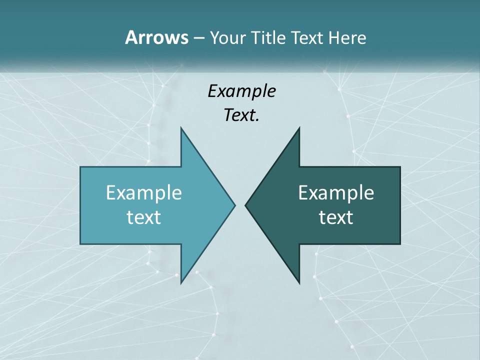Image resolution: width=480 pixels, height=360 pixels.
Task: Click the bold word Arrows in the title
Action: tap(156, 37)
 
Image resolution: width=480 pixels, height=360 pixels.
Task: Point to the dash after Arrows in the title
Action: tap(198, 38)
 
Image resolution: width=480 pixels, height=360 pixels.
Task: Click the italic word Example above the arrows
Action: tap(241, 91)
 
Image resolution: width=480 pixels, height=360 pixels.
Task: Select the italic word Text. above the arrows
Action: tap(241, 115)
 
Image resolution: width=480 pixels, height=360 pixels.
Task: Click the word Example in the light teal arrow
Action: tap(144, 192)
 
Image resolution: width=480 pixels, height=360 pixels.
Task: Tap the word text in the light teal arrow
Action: tap(144, 217)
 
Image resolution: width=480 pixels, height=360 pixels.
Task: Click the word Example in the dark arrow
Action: tap(336, 192)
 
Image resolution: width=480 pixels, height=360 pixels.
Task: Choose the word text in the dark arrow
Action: tap(336, 217)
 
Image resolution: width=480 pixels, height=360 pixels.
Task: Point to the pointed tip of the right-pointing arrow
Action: tap(235, 205)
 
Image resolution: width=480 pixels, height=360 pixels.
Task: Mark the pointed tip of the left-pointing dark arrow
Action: tap(245, 205)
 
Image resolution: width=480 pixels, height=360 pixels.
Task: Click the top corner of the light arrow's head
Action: tap(181, 127)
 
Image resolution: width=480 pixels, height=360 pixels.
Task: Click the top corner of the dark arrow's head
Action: tap(299, 127)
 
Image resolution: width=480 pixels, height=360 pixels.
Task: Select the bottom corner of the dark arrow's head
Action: tap(299, 283)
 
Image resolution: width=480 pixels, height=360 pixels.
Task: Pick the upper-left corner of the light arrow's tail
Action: tap(80, 167)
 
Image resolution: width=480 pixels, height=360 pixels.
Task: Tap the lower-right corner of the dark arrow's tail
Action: tap(400, 244)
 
